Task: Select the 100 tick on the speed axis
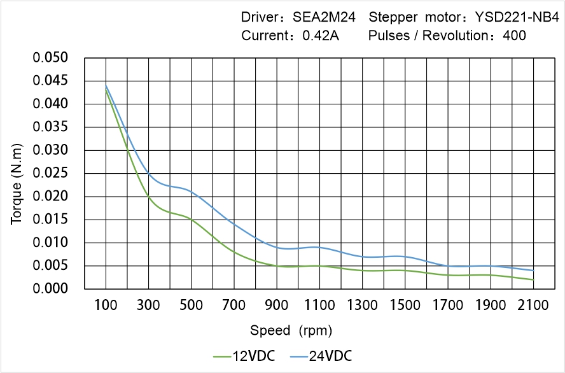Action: click(x=106, y=306)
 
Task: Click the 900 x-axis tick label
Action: click(x=277, y=306)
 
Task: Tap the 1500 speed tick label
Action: click(x=405, y=306)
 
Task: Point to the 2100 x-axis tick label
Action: click(x=533, y=306)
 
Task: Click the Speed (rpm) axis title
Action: click(x=291, y=330)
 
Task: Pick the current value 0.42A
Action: click(x=320, y=36)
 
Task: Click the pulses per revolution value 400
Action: click(x=514, y=36)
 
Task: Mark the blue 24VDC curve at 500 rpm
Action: click(x=192, y=191)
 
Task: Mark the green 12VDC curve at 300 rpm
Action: click(x=148, y=196)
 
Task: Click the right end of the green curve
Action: click(x=533, y=279)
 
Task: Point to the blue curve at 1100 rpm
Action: click(x=319, y=247)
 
